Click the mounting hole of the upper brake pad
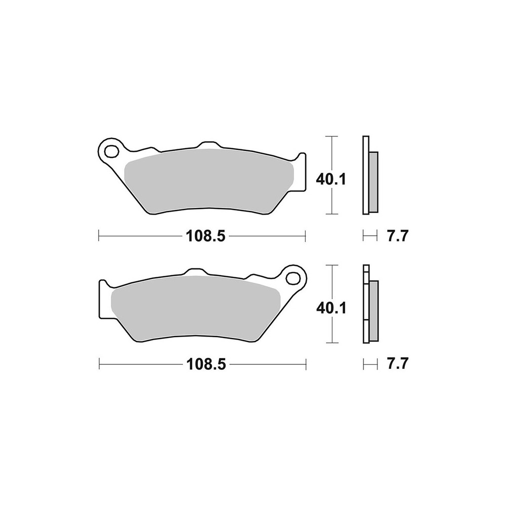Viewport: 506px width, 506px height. (x=111, y=151)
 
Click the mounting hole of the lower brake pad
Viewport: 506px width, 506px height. (x=293, y=278)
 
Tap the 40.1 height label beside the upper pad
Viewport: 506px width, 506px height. (x=331, y=180)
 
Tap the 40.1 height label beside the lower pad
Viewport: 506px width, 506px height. (x=331, y=308)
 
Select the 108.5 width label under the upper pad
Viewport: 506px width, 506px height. (x=205, y=236)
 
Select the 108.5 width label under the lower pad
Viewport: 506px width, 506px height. (x=206, y=365)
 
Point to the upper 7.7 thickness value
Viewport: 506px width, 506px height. (x=398, y=236)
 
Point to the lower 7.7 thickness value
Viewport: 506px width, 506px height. (x=398, y=364)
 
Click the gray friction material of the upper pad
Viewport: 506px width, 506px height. (x=209, y=181)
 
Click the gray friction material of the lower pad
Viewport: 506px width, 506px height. (x=195, y=309)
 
